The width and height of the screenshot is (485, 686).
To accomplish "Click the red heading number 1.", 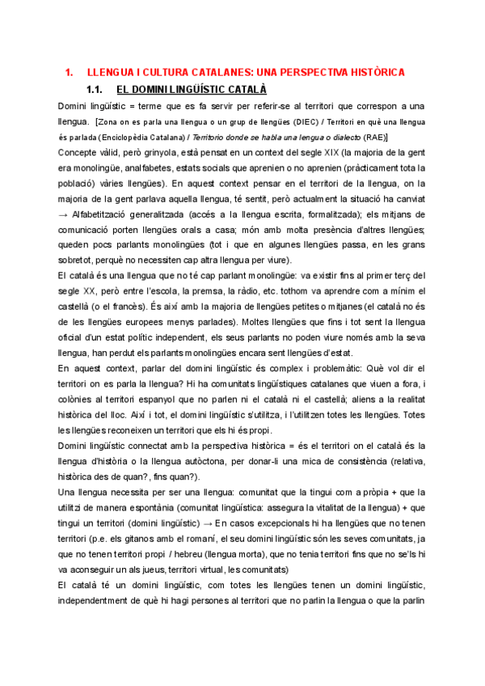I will pyautogui.click(x=68, y=73).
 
